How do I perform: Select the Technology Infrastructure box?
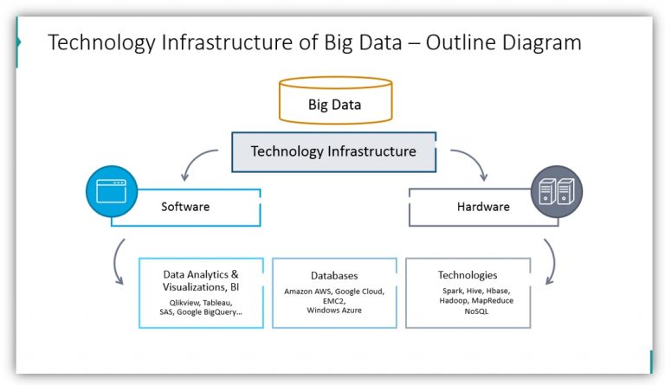[x=333, y=151]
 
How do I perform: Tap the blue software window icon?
[x=112, y=190]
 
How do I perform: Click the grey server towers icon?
[x=557, y=190]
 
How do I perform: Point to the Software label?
[x=185, y=207]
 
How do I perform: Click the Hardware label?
[x=483, y=207]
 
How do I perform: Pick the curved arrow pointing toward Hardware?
[x=468, y=162]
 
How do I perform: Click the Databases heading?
[x=334, y=275]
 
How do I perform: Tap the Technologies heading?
[x=468, y=275]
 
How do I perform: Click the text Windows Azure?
[x=334, y=310]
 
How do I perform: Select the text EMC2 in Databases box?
[x=334, y=300]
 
